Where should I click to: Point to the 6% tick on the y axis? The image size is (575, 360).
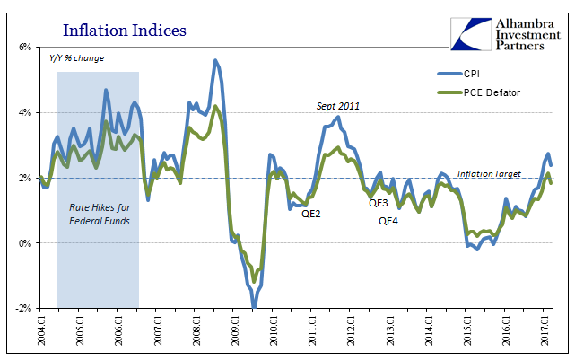25,47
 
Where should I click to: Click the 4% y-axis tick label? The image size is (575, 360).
25,112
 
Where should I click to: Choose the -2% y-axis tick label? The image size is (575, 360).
23,309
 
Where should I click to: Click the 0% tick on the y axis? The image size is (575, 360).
25,243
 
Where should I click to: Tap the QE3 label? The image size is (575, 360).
379,203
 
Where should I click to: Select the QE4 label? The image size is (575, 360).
388,220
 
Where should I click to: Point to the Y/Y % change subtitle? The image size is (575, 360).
76,58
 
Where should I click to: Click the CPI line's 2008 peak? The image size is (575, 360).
215,61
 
